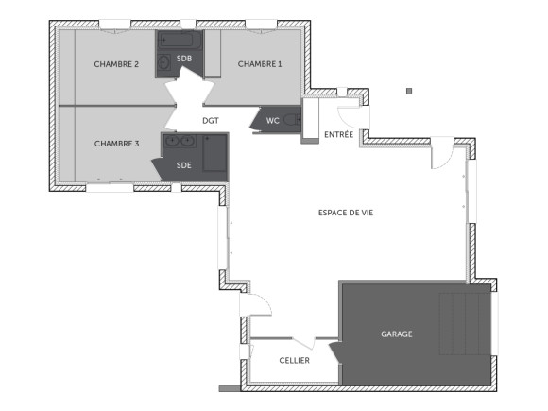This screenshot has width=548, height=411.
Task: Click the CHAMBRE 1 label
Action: point(259,64)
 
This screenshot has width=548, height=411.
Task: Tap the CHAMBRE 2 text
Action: point(116,64)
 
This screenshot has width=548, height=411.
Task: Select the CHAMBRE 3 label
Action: point(116,144)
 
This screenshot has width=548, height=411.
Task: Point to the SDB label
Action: point(184,59)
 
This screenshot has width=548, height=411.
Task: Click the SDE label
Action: point(183,165)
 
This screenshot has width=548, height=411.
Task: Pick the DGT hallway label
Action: point(211,121)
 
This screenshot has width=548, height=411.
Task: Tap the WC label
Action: point(272,120)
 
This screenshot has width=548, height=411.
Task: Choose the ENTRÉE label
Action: point(338,135)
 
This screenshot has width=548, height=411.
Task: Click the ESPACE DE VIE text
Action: point(346,214)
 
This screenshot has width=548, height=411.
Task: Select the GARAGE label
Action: point(397,334)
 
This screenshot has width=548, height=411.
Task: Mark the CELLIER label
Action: point(294,361)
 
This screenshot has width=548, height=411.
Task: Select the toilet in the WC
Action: point(292,120)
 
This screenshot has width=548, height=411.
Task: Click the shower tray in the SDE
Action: point(215,154)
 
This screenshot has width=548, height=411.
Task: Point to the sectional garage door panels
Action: point(465,322)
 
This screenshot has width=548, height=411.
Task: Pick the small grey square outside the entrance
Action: point(409,92)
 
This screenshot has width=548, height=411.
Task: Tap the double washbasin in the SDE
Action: point(180,142)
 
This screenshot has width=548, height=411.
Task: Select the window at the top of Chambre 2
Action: point(115,25)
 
